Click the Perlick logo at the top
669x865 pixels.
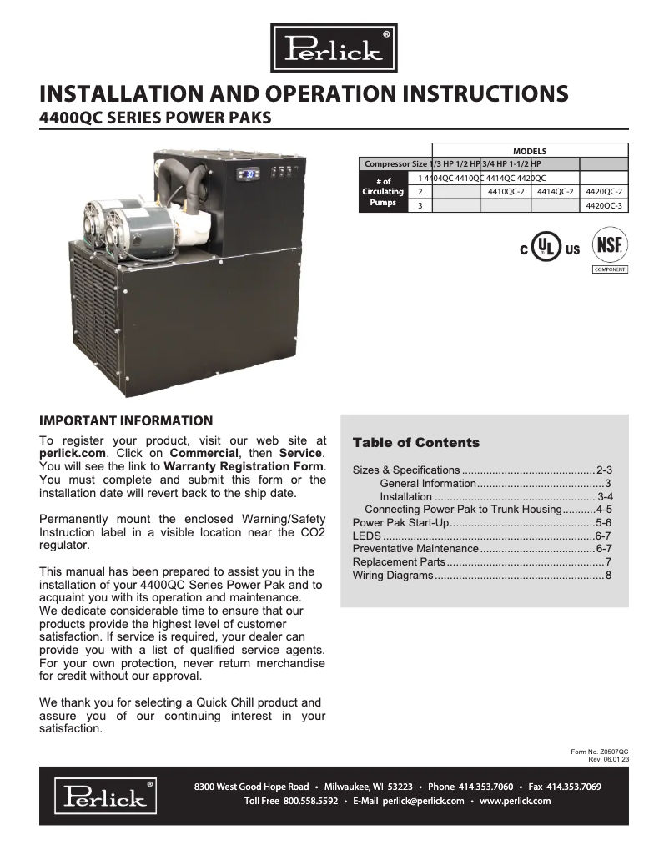334,48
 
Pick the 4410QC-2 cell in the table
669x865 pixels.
506,191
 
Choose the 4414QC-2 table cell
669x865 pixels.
554,191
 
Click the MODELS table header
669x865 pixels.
529,151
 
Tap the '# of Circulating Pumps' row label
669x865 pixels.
383,192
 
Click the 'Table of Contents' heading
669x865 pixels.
415,443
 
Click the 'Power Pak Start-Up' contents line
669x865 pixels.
400,522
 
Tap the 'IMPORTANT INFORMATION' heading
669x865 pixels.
126,420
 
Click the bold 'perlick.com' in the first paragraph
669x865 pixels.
70,453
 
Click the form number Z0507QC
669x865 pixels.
613,752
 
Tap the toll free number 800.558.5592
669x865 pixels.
310,801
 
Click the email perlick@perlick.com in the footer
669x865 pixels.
424,801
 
